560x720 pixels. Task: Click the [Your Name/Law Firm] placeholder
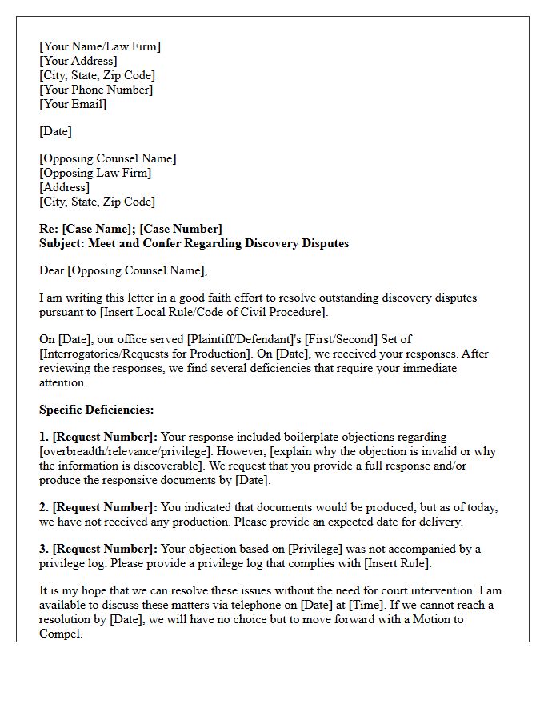[x=100, y=46]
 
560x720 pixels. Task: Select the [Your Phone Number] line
[x=96, y=90]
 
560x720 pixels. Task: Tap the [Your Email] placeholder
[x=73, y=104]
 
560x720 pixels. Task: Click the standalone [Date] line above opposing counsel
[x=55, y=131]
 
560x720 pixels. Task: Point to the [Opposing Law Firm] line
[x=95, y=173]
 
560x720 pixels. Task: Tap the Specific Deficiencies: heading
[x=96, y=410]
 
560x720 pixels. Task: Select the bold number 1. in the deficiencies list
[x=44, y=437]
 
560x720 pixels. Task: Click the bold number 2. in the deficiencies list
[x=44, y=507]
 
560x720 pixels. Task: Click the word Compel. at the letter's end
[x=61, y=634]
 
